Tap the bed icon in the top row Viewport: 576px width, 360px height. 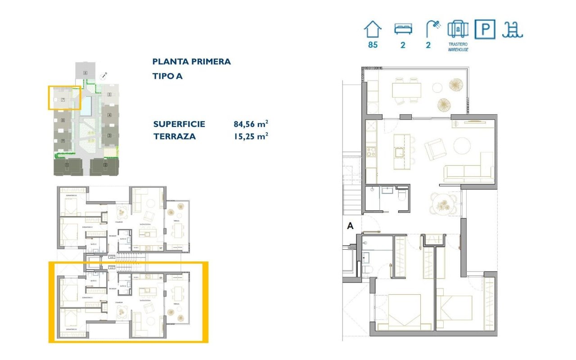(x=403, y=29)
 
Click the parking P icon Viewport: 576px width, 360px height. (x=485, y=30)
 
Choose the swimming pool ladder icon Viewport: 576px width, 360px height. (x=513, y=30)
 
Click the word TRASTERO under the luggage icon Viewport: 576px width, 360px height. (x=458, y=45)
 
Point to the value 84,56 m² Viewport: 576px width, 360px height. (x=251, y=124)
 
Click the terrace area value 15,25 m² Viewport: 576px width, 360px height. (x=251, y=136)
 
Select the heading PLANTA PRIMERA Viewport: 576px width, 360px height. (x=191, y=62)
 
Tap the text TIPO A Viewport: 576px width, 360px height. (x=167, y=76)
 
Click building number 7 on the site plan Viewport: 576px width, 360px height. (x=63, y=99)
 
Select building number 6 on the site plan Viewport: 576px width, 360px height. (x=85, y=72)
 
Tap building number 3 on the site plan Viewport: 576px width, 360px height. (x=109, y=135)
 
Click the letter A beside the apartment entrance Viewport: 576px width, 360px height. (x=350, y=227)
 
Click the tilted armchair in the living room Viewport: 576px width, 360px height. (x=434, y=149)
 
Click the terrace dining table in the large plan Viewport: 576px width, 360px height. (x=406, y=90)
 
